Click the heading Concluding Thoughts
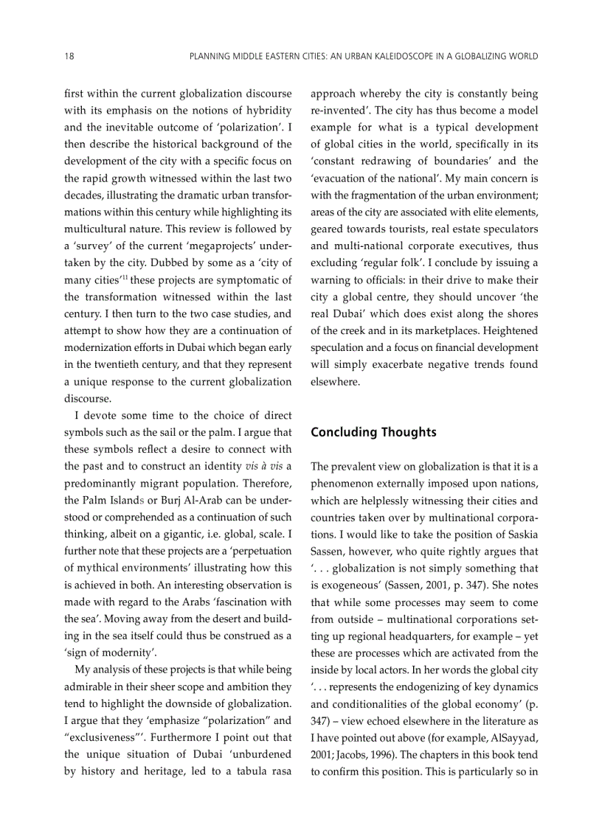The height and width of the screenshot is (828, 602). (373, 433)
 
